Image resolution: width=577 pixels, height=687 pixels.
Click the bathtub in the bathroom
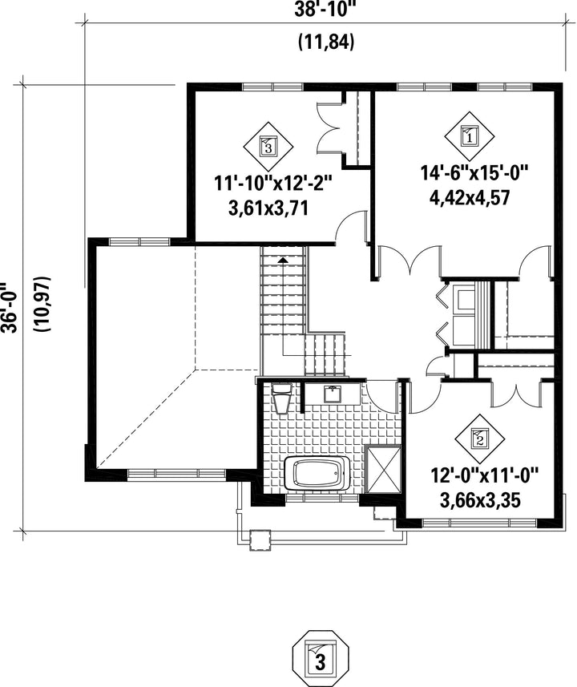point(317,474)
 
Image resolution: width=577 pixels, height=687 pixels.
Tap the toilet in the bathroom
point(282,397)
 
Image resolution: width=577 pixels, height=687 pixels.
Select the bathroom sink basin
point(333,394)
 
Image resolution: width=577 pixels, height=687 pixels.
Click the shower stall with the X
point(382,470)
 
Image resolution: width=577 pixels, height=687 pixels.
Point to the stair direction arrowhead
point(284,260)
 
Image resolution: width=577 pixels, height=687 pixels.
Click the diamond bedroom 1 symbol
point(470,136)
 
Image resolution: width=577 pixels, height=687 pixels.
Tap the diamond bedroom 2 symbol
point(480,438)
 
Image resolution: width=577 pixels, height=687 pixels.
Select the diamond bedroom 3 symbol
point(268,146)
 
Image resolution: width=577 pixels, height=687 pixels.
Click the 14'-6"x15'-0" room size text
point(475,172)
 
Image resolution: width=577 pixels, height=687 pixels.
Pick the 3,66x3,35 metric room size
point(480,500)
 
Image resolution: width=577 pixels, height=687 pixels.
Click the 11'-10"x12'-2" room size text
point(273,183)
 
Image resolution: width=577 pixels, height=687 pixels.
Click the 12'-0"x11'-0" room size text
point(484,475)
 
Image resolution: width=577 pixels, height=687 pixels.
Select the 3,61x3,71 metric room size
point(268,208)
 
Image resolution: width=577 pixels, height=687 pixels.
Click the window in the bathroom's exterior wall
point(322,497)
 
